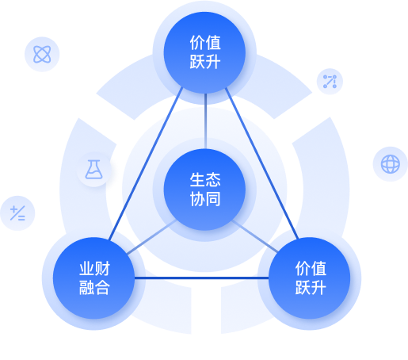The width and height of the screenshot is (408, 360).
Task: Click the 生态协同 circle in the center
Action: (204, 190)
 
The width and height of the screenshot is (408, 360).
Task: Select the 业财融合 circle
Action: (94, 278)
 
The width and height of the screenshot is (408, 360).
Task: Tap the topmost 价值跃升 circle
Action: (204, 52)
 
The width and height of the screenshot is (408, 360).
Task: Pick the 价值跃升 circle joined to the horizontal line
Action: (310, 278)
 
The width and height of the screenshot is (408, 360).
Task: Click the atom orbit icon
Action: (42, 54)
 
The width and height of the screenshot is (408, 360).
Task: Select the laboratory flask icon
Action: (93, 170)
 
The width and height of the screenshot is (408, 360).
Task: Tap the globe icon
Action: (391, 164)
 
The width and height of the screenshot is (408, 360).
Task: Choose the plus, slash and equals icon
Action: (17, 213)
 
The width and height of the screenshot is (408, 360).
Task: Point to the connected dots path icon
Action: (330, 82)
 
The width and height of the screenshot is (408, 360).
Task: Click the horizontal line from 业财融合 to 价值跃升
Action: (202, 278)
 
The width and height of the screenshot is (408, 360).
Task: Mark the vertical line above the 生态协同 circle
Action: (205, 121)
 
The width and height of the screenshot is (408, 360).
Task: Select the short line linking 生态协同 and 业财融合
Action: (151, 237)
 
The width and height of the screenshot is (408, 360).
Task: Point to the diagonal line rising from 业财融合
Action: (146, 164)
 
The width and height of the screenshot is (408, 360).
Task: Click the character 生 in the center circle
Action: (197, 180)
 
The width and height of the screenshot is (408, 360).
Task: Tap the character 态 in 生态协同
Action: (213, 180)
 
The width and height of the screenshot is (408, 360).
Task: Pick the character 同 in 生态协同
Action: (213, 199)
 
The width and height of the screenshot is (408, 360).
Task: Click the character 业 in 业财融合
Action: (87, 269)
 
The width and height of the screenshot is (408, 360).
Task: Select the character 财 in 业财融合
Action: (102, 269)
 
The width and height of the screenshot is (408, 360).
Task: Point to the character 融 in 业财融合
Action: (87, 288)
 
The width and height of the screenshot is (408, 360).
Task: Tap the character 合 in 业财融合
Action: (102, 288)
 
